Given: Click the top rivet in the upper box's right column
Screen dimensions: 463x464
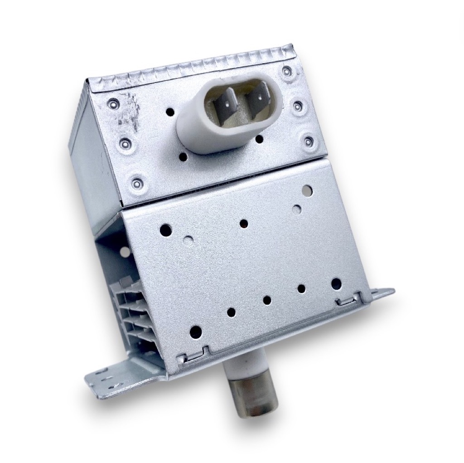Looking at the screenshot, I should (286, 71).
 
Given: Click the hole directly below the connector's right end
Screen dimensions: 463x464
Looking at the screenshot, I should (258, 139).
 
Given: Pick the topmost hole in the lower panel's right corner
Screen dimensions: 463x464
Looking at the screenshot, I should (307, 189).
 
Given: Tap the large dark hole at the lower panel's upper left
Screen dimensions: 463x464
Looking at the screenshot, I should (166, 230).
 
